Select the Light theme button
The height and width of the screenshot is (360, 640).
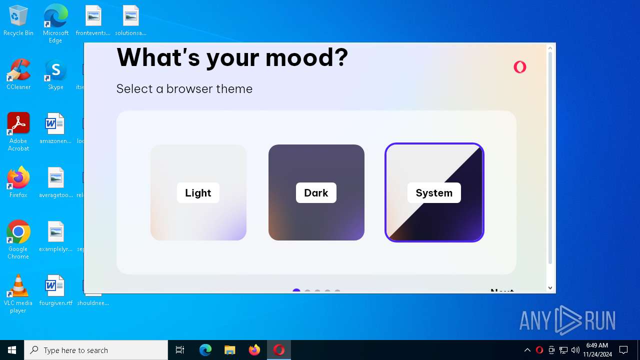[x=198, y=192]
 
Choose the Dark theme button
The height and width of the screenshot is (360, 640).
[x=316, y=192]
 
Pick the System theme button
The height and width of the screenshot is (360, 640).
[x=434, y=192]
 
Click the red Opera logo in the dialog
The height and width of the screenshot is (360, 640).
[x=520, y=67]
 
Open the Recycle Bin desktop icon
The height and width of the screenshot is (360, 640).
[x=18, y=17]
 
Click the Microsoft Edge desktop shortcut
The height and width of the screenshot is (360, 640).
[x=55, y=17]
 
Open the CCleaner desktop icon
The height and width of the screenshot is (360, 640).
[x=18, y=71]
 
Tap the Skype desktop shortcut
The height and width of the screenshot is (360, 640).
[x=55, y=71]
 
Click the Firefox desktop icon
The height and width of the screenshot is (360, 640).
[x=18, y=179]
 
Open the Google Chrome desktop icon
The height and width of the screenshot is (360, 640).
[x=18, y=233]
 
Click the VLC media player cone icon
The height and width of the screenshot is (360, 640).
[x=18, y=287]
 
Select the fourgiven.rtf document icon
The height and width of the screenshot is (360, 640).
[x=55, y=287]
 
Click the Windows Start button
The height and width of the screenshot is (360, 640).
[x=12, y=350]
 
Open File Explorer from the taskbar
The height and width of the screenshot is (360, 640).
[x=230, y=350]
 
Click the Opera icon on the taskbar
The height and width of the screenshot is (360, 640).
[x=279, y=350]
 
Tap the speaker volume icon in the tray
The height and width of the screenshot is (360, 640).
[x=575, y=350]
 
